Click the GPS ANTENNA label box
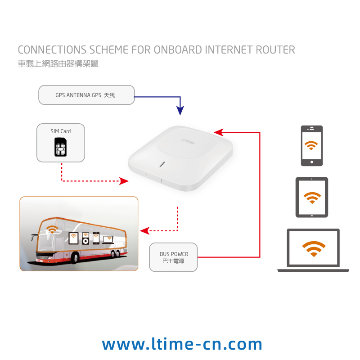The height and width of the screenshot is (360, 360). click(x=86, y=95)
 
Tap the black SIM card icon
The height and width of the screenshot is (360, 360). click(x=60, y=147)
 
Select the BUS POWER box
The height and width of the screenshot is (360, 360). click(x=173, y=257)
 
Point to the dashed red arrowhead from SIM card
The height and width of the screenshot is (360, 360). click(x=124, y=181)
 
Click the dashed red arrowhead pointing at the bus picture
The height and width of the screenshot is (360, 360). click(x=145, y=231)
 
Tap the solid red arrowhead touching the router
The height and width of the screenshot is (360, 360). click(x=219, y=132)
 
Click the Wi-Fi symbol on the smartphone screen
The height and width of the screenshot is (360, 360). click(x=311, y=145)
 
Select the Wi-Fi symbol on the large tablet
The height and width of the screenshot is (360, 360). click(x=312, y=198)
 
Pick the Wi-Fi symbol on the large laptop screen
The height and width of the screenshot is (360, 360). click(x=314, y=249)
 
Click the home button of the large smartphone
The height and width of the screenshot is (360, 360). click(x=312, y=162)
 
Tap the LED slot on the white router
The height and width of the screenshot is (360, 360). click(x=162, y=164)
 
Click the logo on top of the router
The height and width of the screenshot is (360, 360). click(x=187, y=141)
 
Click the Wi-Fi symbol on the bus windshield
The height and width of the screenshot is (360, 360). click(x=52, y=229)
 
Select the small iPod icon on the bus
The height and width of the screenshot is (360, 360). click(x=85, y=238)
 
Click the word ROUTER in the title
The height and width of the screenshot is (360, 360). click(x=275, y=49)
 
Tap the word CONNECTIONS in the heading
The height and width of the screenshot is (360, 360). click(x=52, y=49)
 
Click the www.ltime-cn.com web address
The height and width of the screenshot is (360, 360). click(x=182, y=344)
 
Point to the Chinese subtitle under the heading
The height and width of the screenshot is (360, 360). click(x=58, y=63)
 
